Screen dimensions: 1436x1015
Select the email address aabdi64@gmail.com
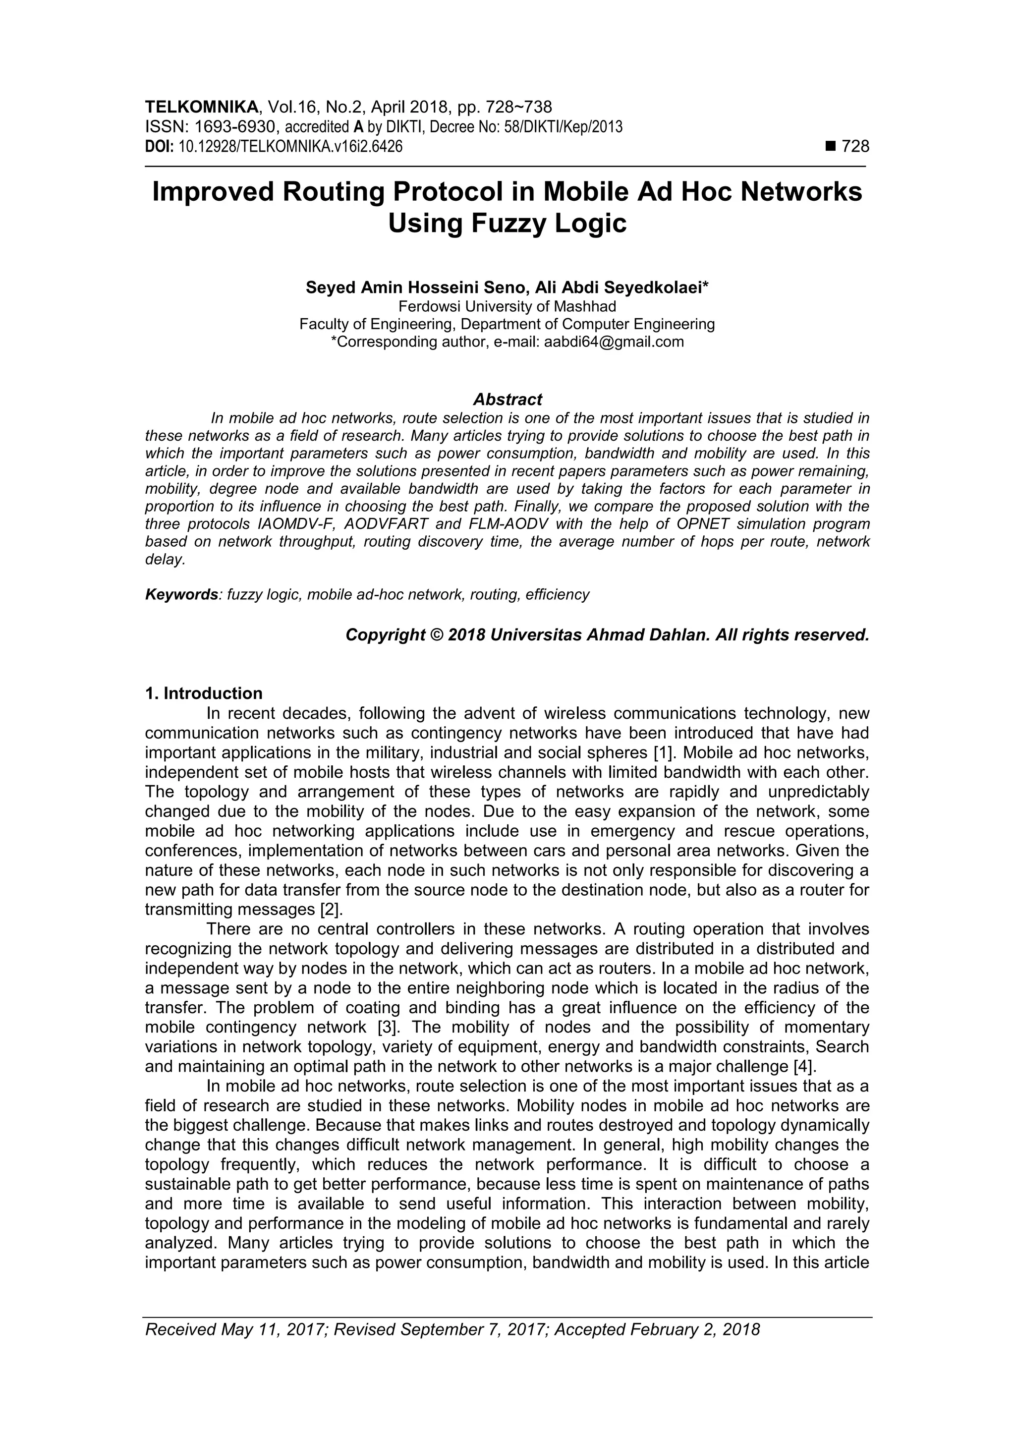coord(614,342)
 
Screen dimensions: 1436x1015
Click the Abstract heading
coord(507,399)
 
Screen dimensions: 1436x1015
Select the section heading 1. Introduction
coord(204,693)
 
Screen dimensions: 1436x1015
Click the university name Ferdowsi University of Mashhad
coord(507,306)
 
